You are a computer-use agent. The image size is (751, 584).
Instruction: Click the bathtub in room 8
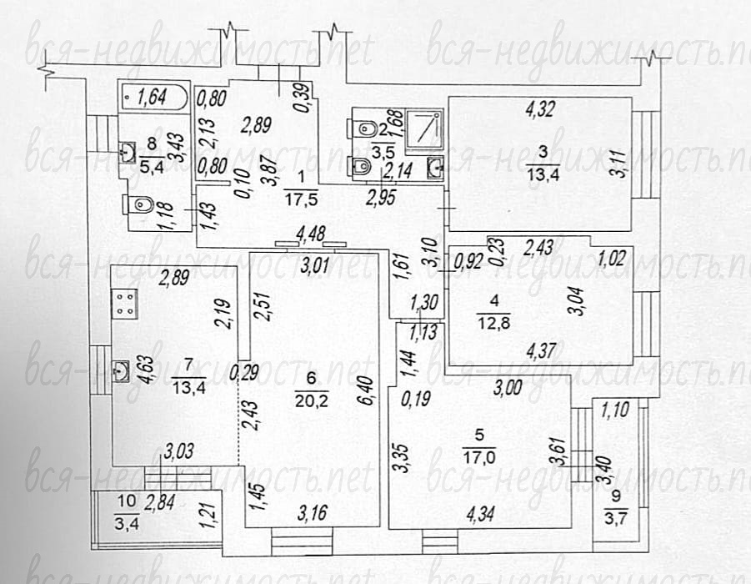pyautogui.click(x=154, y=98)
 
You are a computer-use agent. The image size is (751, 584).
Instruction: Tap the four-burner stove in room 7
pyautogui.click(x=124, y=305)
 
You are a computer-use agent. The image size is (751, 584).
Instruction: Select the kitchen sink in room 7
pyautogui.click(x=121, y=370)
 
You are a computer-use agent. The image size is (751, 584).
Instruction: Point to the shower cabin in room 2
pyautogui.click(x=424, y=128)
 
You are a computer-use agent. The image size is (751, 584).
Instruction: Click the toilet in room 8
pyautogui.click(x=139, y=205)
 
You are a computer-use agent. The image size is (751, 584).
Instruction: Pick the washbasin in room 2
pyautogui.click(x=435, y=168)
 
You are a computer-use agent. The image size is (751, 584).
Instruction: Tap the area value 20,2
pyautogui.click(x=312, y=400)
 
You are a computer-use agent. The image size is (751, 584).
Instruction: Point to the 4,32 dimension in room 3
pyautogui.click(x=540, y=109)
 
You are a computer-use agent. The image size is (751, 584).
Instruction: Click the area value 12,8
pyautogui.click(x=493, y=323)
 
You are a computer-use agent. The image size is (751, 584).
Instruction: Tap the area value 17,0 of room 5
pyautogui.click(x=479, y=457)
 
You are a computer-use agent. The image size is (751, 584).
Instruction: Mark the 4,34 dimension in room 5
pyautogui.click(x=482, y=514)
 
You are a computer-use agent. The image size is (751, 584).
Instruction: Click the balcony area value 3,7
pyautogui.click(x=615, y=517)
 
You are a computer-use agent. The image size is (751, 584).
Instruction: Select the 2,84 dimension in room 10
pyautogui.click(x=159, y=503)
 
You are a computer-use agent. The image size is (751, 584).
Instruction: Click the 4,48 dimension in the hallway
pyautogui.click(x=311, y=234)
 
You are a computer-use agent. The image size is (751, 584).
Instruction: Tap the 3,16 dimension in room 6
pyautogui.click(x=313, y=514)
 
